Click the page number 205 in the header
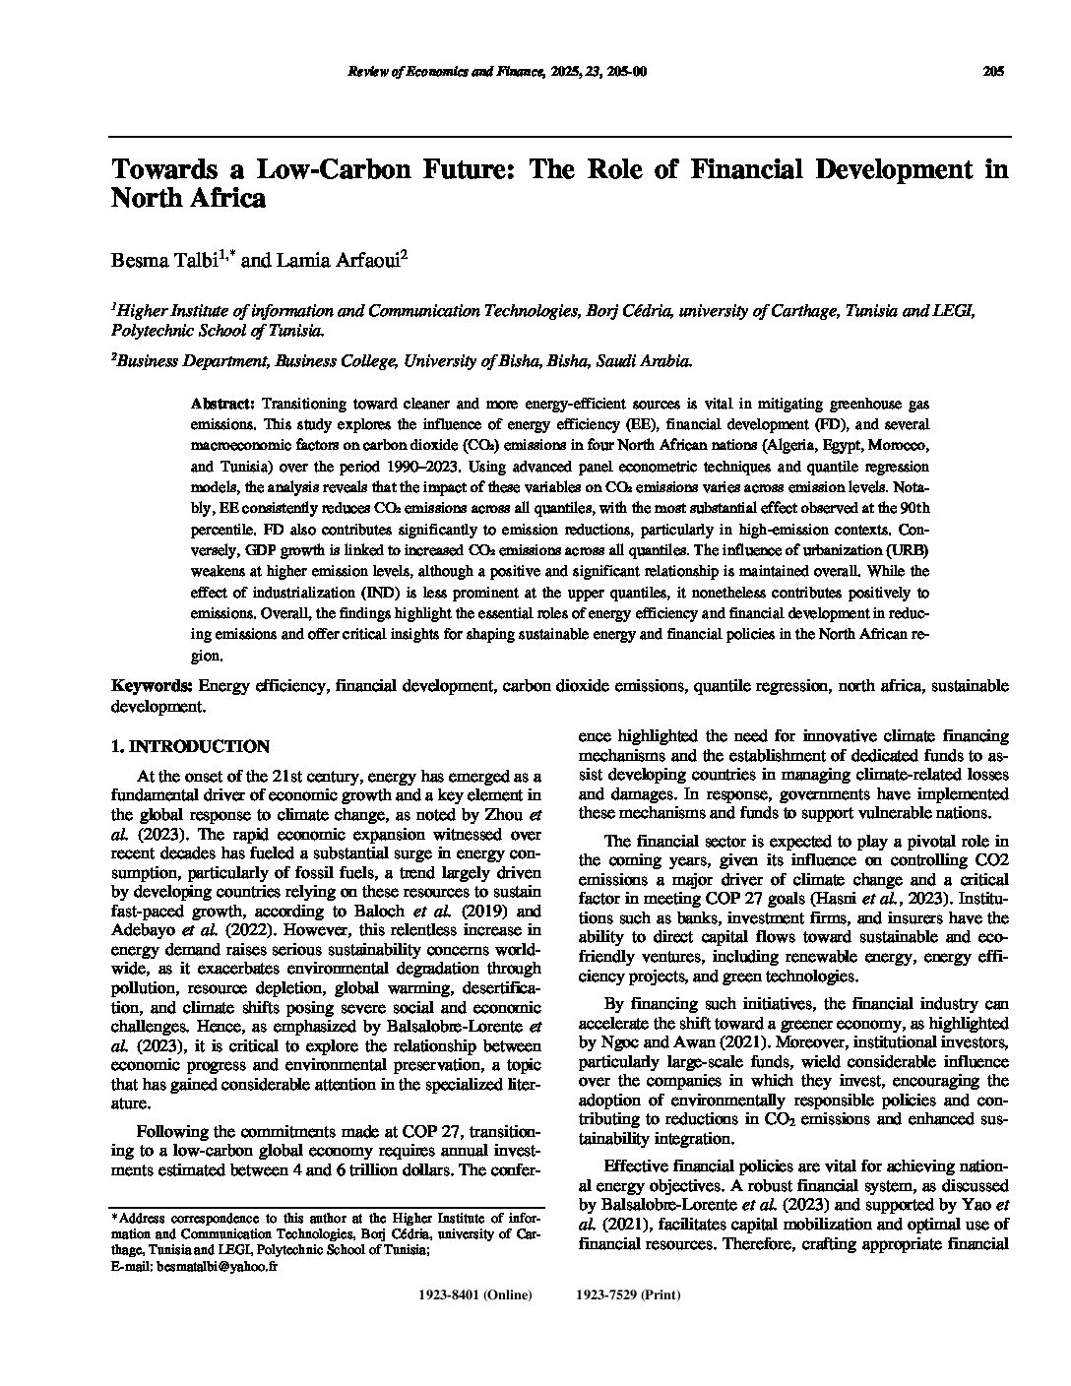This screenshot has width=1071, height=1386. [x=992, y=72]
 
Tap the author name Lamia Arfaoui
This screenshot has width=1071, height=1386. [x=314, y=260]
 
